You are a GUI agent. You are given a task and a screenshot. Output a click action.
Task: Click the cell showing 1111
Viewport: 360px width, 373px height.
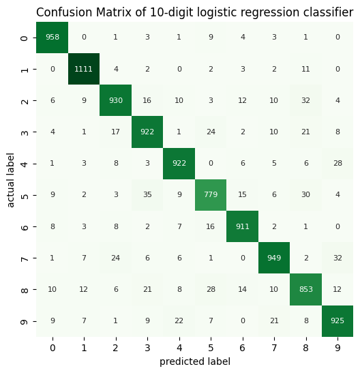(84, 69)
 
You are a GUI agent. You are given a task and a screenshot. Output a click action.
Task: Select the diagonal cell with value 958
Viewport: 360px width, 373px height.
(52, 38)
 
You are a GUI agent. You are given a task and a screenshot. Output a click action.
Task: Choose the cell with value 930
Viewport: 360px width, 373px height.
(116, 100)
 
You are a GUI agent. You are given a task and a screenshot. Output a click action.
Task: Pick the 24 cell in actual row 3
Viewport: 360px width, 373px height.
(211, 132)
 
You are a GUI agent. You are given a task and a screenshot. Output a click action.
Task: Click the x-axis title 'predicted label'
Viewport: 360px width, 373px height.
(195, 362)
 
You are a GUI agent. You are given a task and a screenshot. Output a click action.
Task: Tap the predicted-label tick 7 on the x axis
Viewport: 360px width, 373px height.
(273, 348)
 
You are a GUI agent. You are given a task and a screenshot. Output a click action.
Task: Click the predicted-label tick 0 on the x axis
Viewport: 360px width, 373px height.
(52, 348)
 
